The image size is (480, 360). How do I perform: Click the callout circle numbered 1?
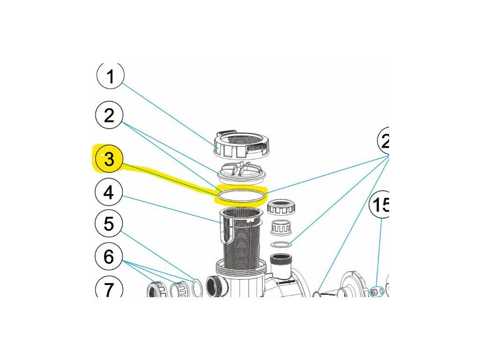[x=110, y=76]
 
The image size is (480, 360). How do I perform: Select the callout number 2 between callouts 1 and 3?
[x=109, y=115]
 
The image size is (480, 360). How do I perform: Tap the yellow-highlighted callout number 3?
[x=109, y=159]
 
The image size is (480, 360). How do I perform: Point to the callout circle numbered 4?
[x=109, y=192]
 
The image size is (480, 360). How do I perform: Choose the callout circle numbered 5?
[x=109, y=224]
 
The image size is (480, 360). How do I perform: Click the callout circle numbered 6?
[x=109, y=256]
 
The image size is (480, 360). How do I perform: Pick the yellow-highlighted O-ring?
[x=240, y=195]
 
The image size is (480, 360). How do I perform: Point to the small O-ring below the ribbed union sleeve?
[x=281, y=244]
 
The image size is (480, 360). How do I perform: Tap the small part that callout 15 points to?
[x=374, y=292]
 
